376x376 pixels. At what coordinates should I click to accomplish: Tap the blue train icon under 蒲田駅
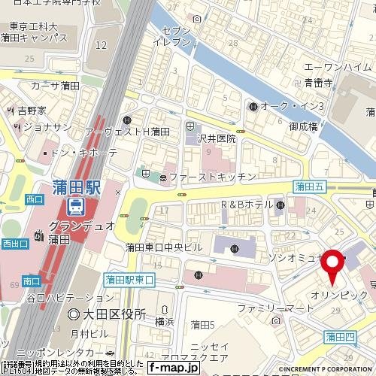[77, 205]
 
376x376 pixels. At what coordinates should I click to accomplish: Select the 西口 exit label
[35, 199]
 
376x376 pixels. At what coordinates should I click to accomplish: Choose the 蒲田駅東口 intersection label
[129, 280]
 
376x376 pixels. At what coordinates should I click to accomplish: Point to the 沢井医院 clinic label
[217, 138]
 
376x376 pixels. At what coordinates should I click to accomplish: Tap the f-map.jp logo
[173, 368]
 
